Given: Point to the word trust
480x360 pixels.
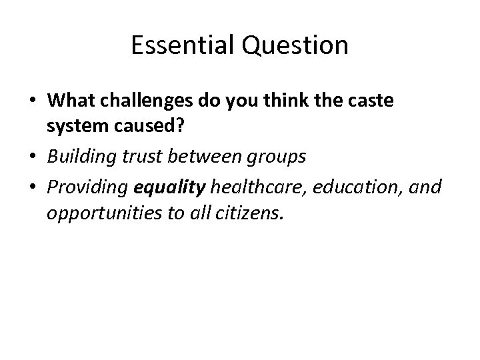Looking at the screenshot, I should point(138,157).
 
